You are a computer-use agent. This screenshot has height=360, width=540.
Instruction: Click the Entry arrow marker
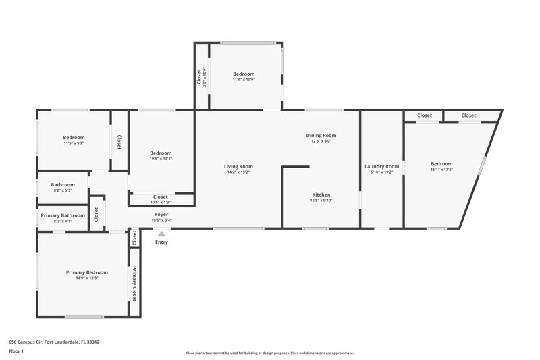coord(161,234)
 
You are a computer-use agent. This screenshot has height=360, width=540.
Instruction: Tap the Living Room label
coord(238,166)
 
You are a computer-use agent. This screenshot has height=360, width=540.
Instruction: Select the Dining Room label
coord(321,135)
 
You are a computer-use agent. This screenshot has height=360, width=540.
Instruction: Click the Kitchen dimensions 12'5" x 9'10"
coord(321,200)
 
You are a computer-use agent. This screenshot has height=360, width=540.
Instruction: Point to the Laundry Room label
coord(381,166)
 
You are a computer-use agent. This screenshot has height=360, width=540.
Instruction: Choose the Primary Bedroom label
coord(86,272)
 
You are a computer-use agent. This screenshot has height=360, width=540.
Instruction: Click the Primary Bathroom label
coord(63,215)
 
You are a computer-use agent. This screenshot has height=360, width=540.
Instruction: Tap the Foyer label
coord(161,214)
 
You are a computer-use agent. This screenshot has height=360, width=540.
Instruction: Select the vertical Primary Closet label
coord(134,283)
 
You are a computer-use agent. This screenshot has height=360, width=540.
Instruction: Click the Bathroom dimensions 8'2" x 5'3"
coord(63,190)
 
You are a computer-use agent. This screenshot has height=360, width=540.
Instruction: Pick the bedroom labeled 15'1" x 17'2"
coord(441,166)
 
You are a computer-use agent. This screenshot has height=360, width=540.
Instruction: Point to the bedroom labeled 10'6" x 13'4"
coord(161,156)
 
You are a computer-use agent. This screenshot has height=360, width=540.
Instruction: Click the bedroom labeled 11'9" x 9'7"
coord(73,140)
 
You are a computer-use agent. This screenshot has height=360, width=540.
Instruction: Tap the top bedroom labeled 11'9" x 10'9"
coord(244,76)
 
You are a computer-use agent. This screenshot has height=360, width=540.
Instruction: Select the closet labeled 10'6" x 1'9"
coord(161,199)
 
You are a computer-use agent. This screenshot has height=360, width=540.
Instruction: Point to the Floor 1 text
coord(16,351)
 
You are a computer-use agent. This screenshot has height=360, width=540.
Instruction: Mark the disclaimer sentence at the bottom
coord(270,353)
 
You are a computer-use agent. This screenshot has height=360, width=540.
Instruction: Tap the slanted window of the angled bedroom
coord(482,165)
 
